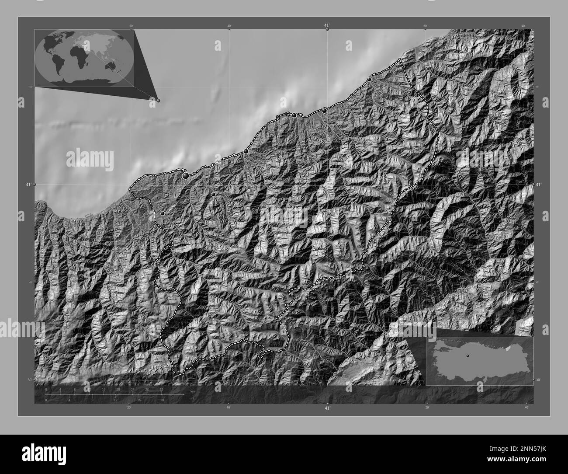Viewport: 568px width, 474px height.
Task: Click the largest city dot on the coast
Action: tap(186, 175)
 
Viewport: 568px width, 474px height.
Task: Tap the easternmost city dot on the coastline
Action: tap(369, 80)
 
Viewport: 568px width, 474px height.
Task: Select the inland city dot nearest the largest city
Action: tap(213, 194)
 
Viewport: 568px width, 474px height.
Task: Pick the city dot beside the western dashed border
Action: tap(163, 213)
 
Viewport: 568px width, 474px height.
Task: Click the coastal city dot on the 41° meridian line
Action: tap(324, 111)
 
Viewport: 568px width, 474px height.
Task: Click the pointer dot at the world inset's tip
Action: tap(158, 100)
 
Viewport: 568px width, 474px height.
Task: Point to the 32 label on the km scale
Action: tap(162, 389)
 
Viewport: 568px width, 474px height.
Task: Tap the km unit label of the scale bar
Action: tap(193, 391)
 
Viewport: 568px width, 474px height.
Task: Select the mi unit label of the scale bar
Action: tap(192, 398)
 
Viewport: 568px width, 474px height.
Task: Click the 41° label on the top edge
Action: tap(327, 26)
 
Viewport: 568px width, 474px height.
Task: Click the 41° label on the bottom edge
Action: tap(327, 408)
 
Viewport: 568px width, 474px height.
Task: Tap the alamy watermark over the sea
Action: tap(90, 160)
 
